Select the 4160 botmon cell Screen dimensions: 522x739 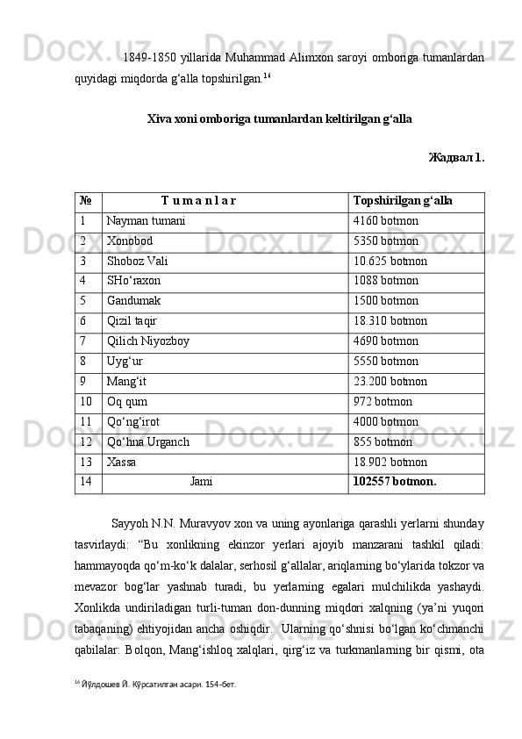click(385, 221)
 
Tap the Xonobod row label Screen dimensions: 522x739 click(130, 240)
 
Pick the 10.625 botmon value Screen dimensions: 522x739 click(390, 261)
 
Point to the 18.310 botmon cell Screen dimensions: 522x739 click(390, 321)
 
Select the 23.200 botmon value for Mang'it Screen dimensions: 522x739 click(390, 382)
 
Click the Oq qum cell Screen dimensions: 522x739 click(127, 402)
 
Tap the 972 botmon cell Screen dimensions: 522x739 click(383, 402)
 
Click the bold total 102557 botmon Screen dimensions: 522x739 click(394, 482)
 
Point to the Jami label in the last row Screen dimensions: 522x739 click(201, 482)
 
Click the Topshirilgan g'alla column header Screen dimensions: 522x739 click(403, 201)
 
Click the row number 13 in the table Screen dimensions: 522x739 click(85, 462)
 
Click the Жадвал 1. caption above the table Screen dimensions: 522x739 click(455, 159)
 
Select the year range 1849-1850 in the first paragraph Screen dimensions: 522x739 click(146, 59)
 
